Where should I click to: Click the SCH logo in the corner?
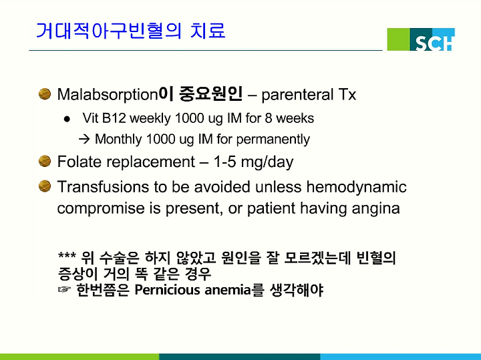click(x=421, y=39)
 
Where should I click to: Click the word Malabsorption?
click(x=108, y=95)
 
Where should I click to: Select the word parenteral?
click(x=297, y=95)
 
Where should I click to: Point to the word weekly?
click(x=150, y=119)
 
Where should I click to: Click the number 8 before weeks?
click(x=269, y=118)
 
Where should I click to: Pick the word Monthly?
click(x=118, y=140)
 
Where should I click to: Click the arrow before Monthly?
click(x=84, y=140)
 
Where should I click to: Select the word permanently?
click(x=273, y=140)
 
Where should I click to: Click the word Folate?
click(x=79, y=162)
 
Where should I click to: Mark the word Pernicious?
click(x=167, y=290)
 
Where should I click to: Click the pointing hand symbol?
click(x=64, y=289)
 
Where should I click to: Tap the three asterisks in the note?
click(x=67, y=255)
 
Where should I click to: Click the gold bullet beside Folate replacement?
click(x=45, y=161)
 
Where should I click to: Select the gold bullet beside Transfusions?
click(x=45, y=186)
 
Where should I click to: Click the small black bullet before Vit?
click(x=67, y=119)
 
